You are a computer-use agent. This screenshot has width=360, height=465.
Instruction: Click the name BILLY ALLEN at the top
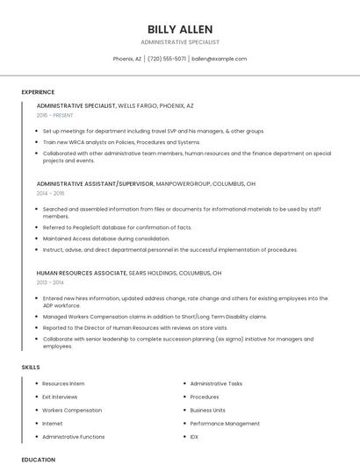(180, 29)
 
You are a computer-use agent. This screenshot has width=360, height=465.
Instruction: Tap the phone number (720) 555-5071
(167, 59)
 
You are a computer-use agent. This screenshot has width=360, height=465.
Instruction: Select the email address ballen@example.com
(220, 59)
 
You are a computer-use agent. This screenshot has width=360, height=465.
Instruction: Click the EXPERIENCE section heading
(38, 92)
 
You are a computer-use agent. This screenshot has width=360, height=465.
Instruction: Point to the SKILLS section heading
(31, 367)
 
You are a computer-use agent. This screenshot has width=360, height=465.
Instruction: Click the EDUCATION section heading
(38, 459)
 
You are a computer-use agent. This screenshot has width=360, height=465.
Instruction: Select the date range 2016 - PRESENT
(55, 115)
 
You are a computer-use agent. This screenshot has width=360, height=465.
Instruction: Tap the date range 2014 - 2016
(51, 193)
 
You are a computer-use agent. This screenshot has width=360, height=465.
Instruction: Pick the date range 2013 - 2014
(51, 283)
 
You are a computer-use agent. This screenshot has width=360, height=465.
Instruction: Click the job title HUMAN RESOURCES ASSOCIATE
(82, 273)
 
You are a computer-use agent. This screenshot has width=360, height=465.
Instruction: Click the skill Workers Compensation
(72, 410)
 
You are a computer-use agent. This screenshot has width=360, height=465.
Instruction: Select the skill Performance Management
(225, 423)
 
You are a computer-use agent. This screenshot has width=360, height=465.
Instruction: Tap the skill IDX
(194, 436)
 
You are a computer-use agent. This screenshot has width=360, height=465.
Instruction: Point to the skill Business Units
(208, 410)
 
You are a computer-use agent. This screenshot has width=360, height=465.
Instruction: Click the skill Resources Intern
(63, 383)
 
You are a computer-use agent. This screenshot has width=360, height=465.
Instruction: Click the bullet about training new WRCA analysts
(121, 142)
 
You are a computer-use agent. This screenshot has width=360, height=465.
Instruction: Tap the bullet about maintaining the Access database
(105, 238)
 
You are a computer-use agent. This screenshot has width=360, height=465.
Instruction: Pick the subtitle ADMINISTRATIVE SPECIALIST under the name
(180, 41)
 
